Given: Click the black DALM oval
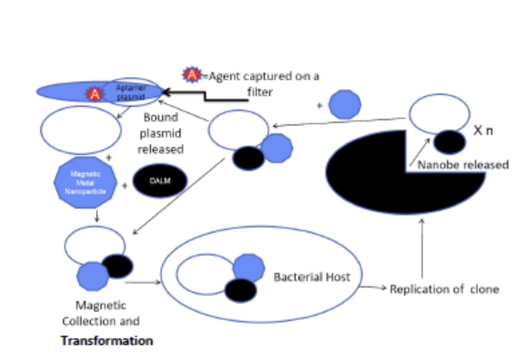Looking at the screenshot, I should point(159,181).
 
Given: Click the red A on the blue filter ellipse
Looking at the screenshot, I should point(94,94).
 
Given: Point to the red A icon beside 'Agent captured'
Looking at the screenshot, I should point(192,75).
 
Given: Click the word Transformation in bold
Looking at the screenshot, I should point(107,341).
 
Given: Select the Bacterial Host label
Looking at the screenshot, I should point(312,277).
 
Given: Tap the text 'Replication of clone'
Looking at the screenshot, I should point(444,289).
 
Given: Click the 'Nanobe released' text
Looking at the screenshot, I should point(463,165).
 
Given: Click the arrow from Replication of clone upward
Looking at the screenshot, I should point(421,249).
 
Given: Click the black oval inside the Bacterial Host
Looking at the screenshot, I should point(240,291).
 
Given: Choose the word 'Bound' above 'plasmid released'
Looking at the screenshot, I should point(160,118).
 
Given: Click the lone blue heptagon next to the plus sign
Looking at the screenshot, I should point(345,105).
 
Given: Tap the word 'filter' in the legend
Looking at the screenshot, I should point(260,92).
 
